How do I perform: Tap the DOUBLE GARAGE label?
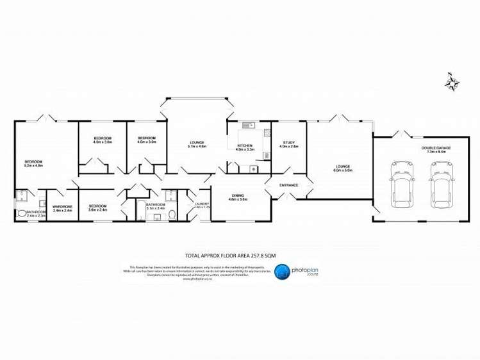pos(436,150)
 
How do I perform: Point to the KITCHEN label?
pos(244,147)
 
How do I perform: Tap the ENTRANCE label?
pos(288,185)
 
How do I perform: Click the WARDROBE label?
pos(62,208)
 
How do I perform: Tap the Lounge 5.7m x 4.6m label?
pos(197,144)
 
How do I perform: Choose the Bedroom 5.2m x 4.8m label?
pos(33,163)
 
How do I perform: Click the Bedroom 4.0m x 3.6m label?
pos(103,140)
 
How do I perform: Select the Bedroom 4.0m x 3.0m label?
pos(147,140)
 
